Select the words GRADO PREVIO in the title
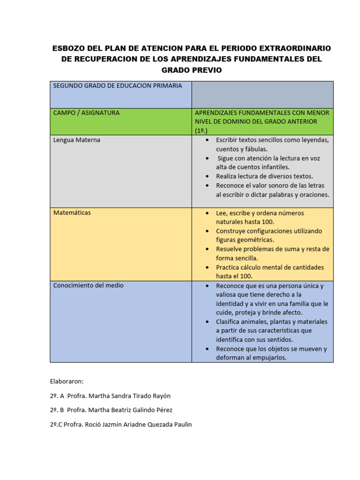pyautogui.click(x=191, y=70)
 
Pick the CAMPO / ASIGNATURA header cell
pyautogui.click(x=86, y=113)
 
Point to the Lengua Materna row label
pyautogui.click(x=76, y=140)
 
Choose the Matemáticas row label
pyautogui.click(x=72, y=213)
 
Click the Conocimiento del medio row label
pyautogui.click(x=88, y=285)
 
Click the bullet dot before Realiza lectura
pyautogui.click(x=207, y=177)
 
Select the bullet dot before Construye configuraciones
pyautogui.click(x=207, y=232)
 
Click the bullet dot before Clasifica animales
pyautogui.click(x=207, y=322)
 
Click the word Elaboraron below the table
pyautogui.click(x=67, y=382)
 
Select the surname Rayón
pyautogui.click(x=160, y=396)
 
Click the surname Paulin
pyautogui.click(x=181, y=425)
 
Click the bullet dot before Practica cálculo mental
pyautogui.click(x=207, y=268)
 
